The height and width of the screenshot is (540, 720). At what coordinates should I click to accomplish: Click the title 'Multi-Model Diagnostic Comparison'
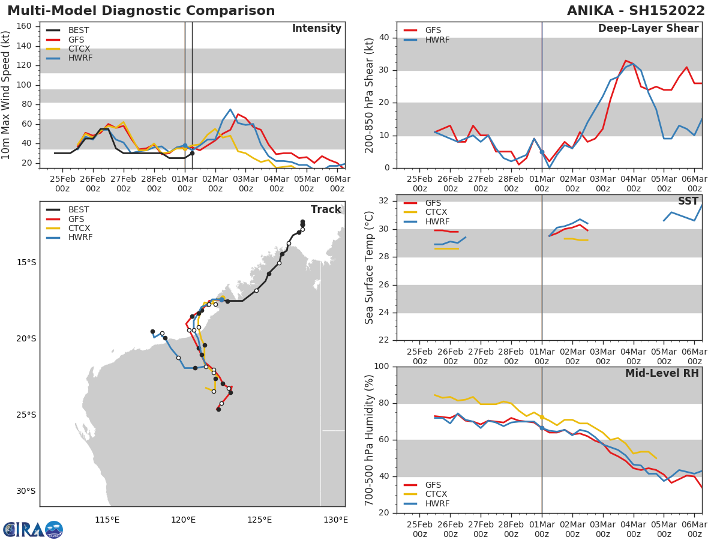click(x=141, y=11)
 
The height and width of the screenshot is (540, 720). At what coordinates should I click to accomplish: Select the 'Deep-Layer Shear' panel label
click(x=648, y=29)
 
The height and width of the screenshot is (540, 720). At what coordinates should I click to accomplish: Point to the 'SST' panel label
click(x=688, y=201)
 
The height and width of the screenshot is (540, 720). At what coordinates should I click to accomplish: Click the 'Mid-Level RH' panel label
click(x=662, y=373)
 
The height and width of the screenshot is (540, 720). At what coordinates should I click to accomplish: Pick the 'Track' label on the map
click(x=326, y=209)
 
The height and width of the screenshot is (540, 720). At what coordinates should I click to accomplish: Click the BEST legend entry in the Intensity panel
click(x=79, y=30)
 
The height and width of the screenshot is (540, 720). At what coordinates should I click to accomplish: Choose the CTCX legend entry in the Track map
click(x=79, y=228)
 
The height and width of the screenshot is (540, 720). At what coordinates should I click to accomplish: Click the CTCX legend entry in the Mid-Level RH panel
click(x=436, y=494)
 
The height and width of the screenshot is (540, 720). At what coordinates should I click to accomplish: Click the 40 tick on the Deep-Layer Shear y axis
click(x=385, y=38)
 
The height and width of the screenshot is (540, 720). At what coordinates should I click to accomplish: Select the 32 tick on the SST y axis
click(x=385, y=201)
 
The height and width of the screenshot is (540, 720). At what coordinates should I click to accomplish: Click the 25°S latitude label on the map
click(x=26, y=415)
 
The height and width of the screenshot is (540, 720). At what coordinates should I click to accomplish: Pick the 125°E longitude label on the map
click(x=259, y=520)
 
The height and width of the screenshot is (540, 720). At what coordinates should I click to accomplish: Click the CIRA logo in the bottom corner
click(x=33, y=529)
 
